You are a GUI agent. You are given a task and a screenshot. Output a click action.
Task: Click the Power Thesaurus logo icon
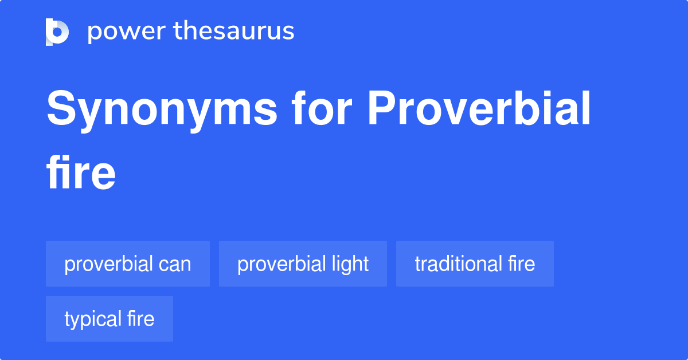(57, 32)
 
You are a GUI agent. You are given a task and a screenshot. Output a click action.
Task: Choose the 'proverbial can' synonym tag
(128, 264)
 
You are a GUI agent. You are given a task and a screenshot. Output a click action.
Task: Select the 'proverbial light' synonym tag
(303, 264)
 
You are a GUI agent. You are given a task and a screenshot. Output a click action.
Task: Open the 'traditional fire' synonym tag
(475, 264)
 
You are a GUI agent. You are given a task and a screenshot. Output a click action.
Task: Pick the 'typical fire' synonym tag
(110, 319)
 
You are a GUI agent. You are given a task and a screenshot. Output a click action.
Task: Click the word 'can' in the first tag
(175, 264)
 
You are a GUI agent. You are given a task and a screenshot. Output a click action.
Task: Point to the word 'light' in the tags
(350, 264)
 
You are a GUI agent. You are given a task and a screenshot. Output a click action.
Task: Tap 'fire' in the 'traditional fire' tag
(521, 264)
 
